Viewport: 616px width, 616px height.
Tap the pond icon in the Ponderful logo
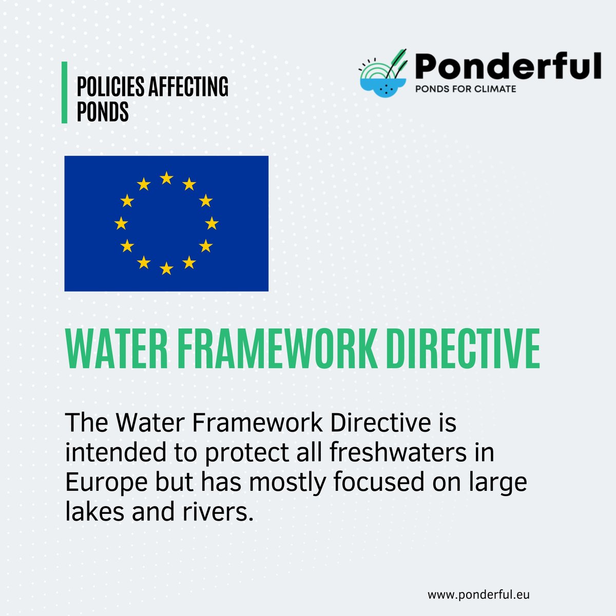point(382,77)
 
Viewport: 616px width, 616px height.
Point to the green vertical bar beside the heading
point(65,92)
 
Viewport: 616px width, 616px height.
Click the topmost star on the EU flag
point(166,178)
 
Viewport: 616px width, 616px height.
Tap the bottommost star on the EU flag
point(166,268)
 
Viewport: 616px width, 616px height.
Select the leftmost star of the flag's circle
point(121,223)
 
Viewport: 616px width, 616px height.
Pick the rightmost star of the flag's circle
point(211,223)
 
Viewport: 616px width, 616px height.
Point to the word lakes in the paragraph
point(89,512)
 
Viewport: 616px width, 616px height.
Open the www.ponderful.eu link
point(478,594)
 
